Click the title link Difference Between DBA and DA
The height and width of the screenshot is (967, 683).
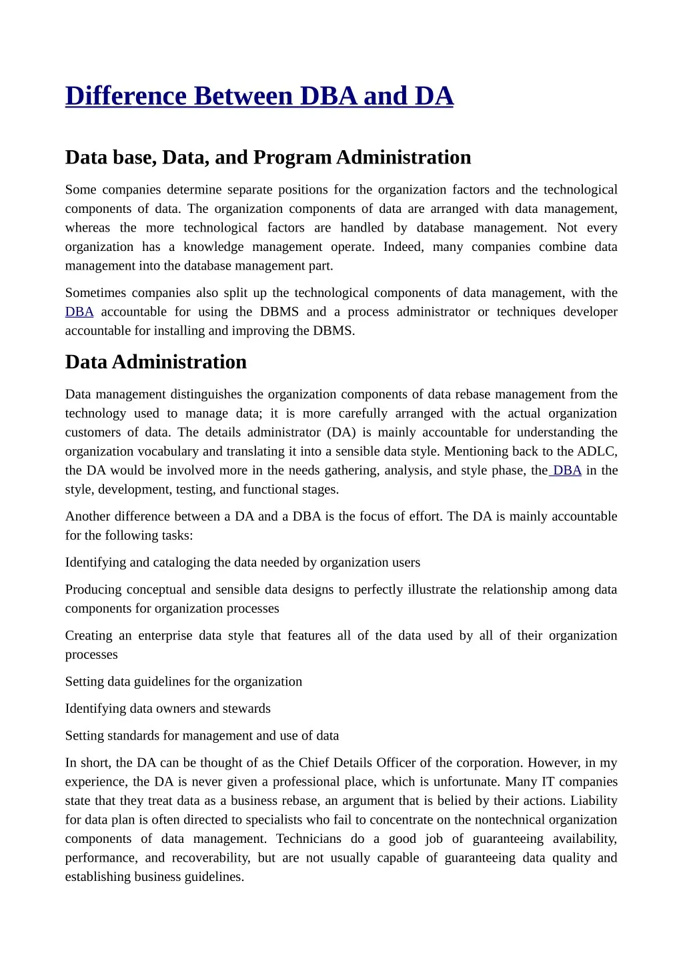[x=259, y=96]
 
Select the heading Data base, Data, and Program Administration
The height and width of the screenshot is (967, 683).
[x=267, y=157]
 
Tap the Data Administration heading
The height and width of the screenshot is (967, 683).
[x=155, y=362]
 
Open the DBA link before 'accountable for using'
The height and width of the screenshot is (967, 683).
[x=79, y=312]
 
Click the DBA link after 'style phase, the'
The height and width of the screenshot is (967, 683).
[x=566, y=470]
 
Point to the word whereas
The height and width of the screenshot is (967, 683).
[x=87, y=228]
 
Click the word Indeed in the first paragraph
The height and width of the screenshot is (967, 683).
[x=402, y=247]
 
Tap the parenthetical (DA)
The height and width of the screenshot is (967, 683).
[x=341, y=432]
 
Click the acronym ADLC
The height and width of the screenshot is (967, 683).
[x=597, y=452]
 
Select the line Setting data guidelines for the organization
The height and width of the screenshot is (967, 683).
[x=183, y=682]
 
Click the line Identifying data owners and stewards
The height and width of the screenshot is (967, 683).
[x=167, y=709]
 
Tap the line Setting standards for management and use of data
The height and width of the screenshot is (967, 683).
[x=201, y=736]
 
